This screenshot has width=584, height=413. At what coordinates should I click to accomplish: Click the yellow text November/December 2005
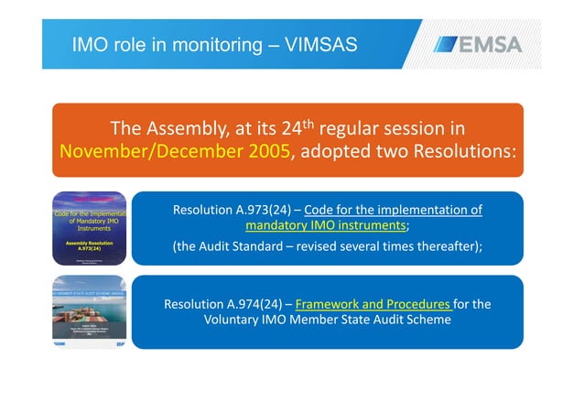click(175, 152)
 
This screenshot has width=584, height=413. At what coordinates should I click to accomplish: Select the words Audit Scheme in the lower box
click(415, 321)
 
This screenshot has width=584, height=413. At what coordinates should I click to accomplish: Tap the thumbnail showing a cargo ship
click(89, 311)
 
